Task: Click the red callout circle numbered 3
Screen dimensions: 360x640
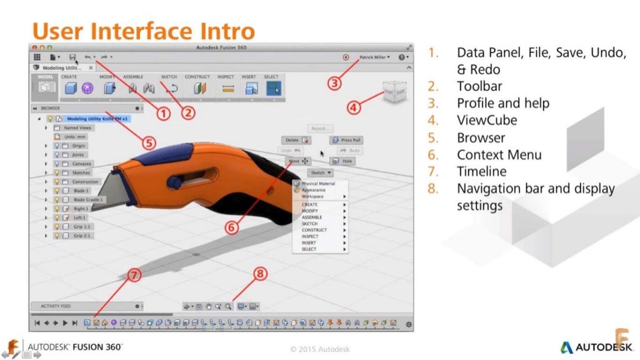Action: point(335,82)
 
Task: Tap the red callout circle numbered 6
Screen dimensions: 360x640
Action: point(231,227)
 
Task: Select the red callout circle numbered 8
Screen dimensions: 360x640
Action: point(261,274)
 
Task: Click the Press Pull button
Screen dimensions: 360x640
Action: point(346,141)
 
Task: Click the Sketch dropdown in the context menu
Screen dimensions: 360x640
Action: point(320,172)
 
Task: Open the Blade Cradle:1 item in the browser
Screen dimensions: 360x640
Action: point(89,199)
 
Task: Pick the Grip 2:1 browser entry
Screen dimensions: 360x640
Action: point(82,236)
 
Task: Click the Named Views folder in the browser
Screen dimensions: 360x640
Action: point(79,127)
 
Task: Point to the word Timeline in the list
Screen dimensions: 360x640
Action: point(482,171)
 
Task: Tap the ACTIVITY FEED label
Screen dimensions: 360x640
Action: point(56,306)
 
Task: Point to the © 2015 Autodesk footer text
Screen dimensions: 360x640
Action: point(319,349)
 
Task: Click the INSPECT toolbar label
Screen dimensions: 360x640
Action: point(226,77)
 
